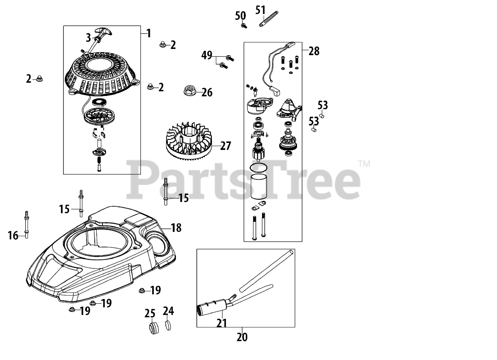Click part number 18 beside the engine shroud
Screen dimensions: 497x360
click(x=176, y=228)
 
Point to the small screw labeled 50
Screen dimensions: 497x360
click(x=243, y=26)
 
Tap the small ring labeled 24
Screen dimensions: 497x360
click(x=168, y=325)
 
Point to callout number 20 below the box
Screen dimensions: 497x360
click(x=242, y=337)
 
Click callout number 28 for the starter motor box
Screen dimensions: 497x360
click(x=314, y=50)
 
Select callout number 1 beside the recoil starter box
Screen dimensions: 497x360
click(x=149, y=33)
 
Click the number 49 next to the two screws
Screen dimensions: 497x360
click(x=207, y=56)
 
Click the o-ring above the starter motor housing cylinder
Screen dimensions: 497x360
click(x=259, y=167)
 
